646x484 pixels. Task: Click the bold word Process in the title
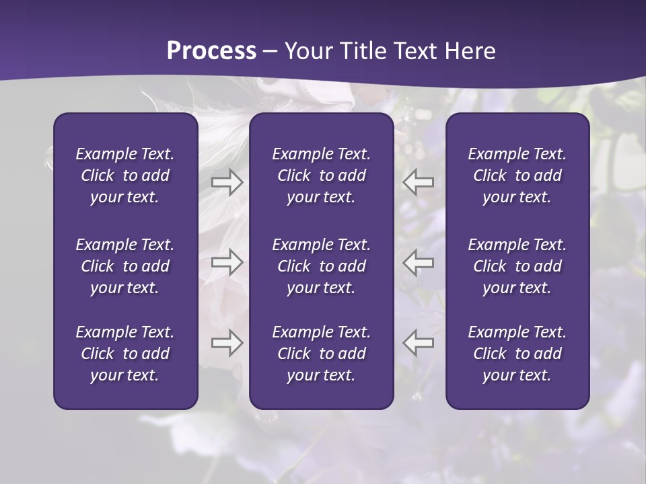point(211,51)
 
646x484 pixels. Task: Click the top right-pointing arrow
point(227,182)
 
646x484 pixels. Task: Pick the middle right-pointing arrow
point(227,262)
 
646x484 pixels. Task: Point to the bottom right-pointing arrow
point(227,343)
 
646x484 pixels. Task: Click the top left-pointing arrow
point(419,182)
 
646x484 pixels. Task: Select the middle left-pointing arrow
point(419,262)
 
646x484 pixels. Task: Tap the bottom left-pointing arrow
point(419,343)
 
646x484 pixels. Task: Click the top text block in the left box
point(125,175)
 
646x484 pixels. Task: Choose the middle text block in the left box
point(125,266)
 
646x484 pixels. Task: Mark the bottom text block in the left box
point(125,354)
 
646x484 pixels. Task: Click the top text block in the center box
point(322,175)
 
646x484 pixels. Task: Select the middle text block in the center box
point(322,266)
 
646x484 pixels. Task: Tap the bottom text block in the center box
point(322,354)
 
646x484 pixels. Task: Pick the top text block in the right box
point(517,175)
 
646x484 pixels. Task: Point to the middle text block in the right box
point(517,266)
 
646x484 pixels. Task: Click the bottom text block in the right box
point(517,354)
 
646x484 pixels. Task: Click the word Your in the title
point(306,51)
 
